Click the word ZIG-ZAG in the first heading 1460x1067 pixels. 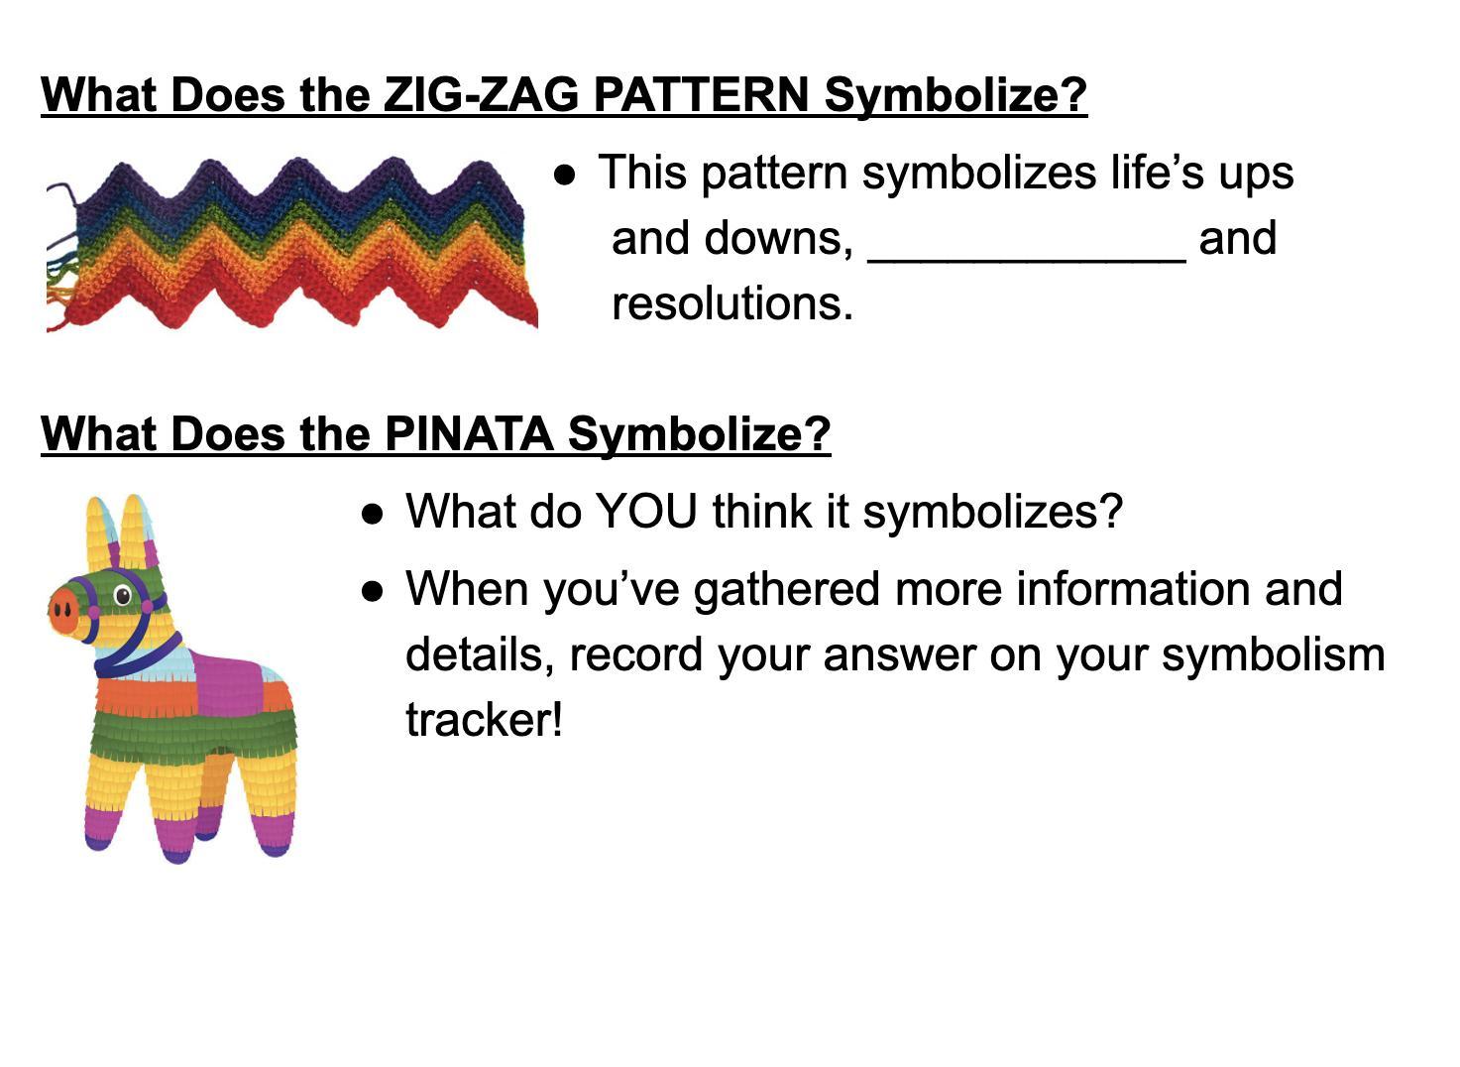click(481, 94)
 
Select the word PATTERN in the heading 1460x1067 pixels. click(702, 94)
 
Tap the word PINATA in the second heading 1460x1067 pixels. click(469, 433)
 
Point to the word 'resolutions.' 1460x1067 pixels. click(732, 304)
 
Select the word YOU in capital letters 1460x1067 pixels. click(646, 512)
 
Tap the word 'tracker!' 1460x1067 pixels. click(484, 719)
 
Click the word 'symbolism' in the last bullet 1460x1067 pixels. click(1273, 655)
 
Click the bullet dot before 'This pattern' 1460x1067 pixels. click(565, 176)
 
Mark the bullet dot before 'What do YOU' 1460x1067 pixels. click(372, 514)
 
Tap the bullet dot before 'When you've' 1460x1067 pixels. click(372, 591)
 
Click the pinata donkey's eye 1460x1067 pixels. click(123, 595)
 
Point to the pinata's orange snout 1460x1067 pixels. click(63, 609)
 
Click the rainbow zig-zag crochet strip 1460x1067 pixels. click(292, 244)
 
